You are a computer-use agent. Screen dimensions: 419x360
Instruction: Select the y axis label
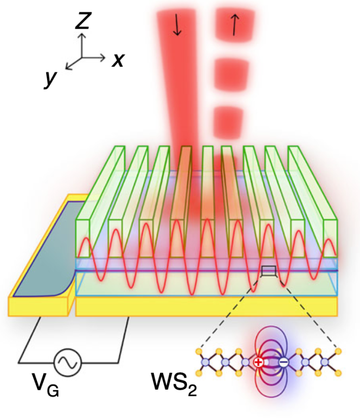[50, 80]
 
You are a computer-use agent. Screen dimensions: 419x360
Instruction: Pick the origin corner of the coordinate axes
[82, 56]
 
